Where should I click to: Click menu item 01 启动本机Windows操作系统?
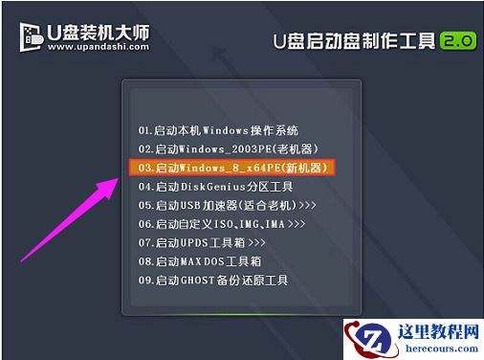click(218, 128)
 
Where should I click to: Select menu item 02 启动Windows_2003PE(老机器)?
click(228, 148)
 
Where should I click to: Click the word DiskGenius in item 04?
click(207, 186)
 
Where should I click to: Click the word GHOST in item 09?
click(201, 281)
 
